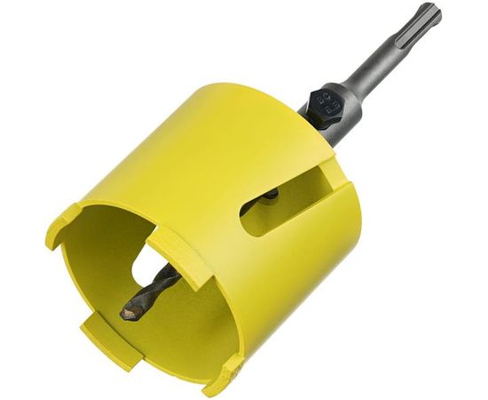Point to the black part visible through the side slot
[272, 193]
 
